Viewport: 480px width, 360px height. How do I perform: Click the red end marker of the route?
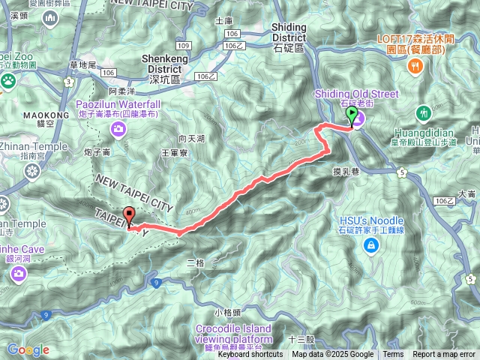(x=129, y=216)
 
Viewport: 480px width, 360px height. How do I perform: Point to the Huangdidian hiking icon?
(x=424, y=112)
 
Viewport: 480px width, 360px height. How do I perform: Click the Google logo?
(x=28, y=349)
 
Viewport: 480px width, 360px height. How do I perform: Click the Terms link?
(x=393, y=355)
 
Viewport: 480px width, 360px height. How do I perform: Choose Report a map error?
(x=444, y=355)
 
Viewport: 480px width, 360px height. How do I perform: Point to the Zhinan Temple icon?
(x=31, y=171)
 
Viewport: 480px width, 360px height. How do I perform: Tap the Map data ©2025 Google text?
(x=332, y=355)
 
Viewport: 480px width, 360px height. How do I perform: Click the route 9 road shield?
(x=155, y=282)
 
